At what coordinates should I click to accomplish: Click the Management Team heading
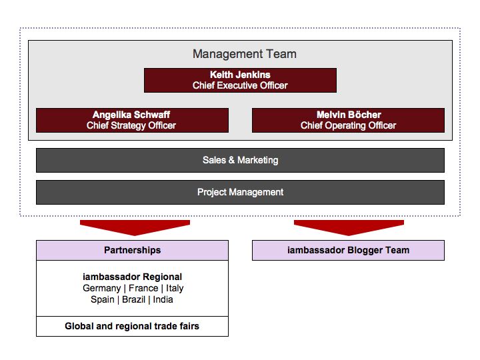point(244,54)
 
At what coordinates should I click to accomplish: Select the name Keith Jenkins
point(240,75)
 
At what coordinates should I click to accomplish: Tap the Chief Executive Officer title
point(240,85)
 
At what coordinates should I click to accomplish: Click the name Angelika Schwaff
point(131,115)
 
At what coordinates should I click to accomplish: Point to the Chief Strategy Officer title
point(131,125)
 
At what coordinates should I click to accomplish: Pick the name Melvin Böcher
point(349,115)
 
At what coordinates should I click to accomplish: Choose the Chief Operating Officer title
point(349,125)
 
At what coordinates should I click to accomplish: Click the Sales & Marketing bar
point(240,161)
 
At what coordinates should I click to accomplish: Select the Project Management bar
point(240,192)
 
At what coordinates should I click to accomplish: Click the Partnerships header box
point(132,251)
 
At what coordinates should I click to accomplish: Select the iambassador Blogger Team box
point(349,251)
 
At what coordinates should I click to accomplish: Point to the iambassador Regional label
point(132,277)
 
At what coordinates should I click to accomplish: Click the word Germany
point(102,289)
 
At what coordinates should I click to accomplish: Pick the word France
point(143,288)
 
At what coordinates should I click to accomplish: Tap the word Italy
point(175,289)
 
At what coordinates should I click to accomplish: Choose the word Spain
point(103,300)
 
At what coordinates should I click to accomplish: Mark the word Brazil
point(133,299)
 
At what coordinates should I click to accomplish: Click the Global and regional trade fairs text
point(132,326)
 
